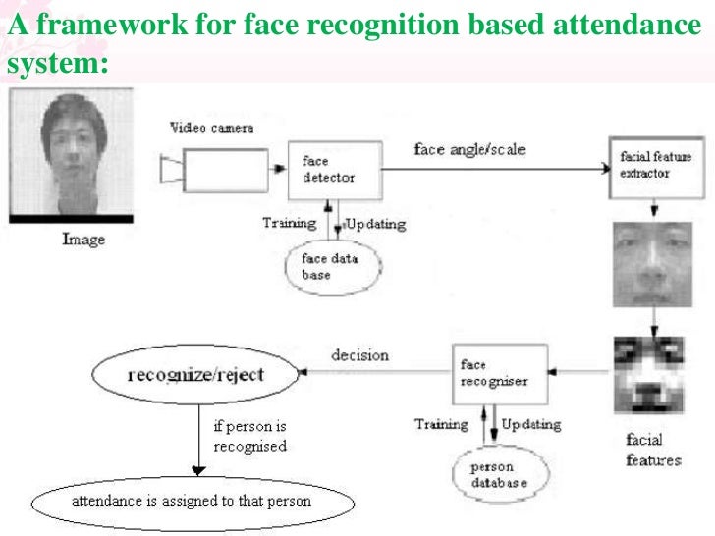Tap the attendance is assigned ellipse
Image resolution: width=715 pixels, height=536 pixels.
coord(191,502)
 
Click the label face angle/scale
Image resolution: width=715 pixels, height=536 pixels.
coord(469,150)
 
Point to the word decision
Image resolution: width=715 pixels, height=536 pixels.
coord(359,355)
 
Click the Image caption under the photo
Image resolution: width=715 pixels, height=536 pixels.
coord(82,239)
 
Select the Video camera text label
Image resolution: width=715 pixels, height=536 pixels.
coord(211,128)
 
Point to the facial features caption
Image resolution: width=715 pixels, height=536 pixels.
coord(652,449)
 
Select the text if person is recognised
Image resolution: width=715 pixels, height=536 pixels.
coord(249,437)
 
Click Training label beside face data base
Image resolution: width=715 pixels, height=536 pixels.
coord(290,223)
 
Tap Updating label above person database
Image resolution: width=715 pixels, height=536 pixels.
coord(531,425)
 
